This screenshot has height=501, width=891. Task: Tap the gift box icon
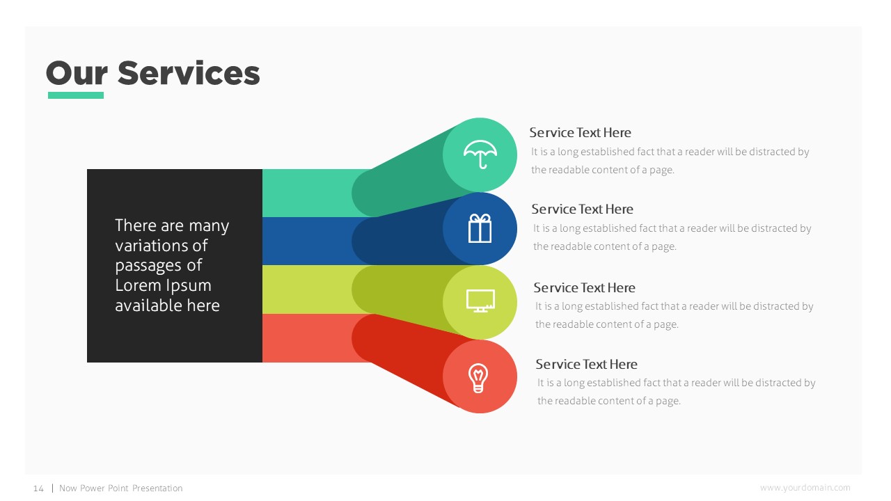pos(480,228)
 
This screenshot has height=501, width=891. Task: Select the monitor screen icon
pos(480,301)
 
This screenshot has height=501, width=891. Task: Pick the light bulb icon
pos(479,377)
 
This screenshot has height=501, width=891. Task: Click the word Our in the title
pos(76,73)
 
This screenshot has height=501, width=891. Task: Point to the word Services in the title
pos(189,73)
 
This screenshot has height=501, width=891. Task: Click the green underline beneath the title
pos(75,95)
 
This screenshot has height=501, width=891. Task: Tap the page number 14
pos(38,488)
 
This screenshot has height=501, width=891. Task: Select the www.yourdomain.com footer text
pos(805,488)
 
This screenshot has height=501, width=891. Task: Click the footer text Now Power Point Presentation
pos(121,488)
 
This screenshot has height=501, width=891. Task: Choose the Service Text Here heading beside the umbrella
pos(580,132)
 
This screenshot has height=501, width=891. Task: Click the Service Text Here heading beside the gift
pos(582,209)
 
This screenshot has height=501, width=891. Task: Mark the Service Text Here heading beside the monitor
pos(584,287)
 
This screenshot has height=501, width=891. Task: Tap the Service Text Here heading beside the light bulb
pos(586,364)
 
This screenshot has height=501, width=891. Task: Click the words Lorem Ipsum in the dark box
pos(163,285)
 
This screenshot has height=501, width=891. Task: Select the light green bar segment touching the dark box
pos(306,193)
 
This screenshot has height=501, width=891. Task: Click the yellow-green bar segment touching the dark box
pos(306,289)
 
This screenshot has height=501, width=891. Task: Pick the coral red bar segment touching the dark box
pos(306,337)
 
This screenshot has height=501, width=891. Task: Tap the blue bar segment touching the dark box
pos(306,241)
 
